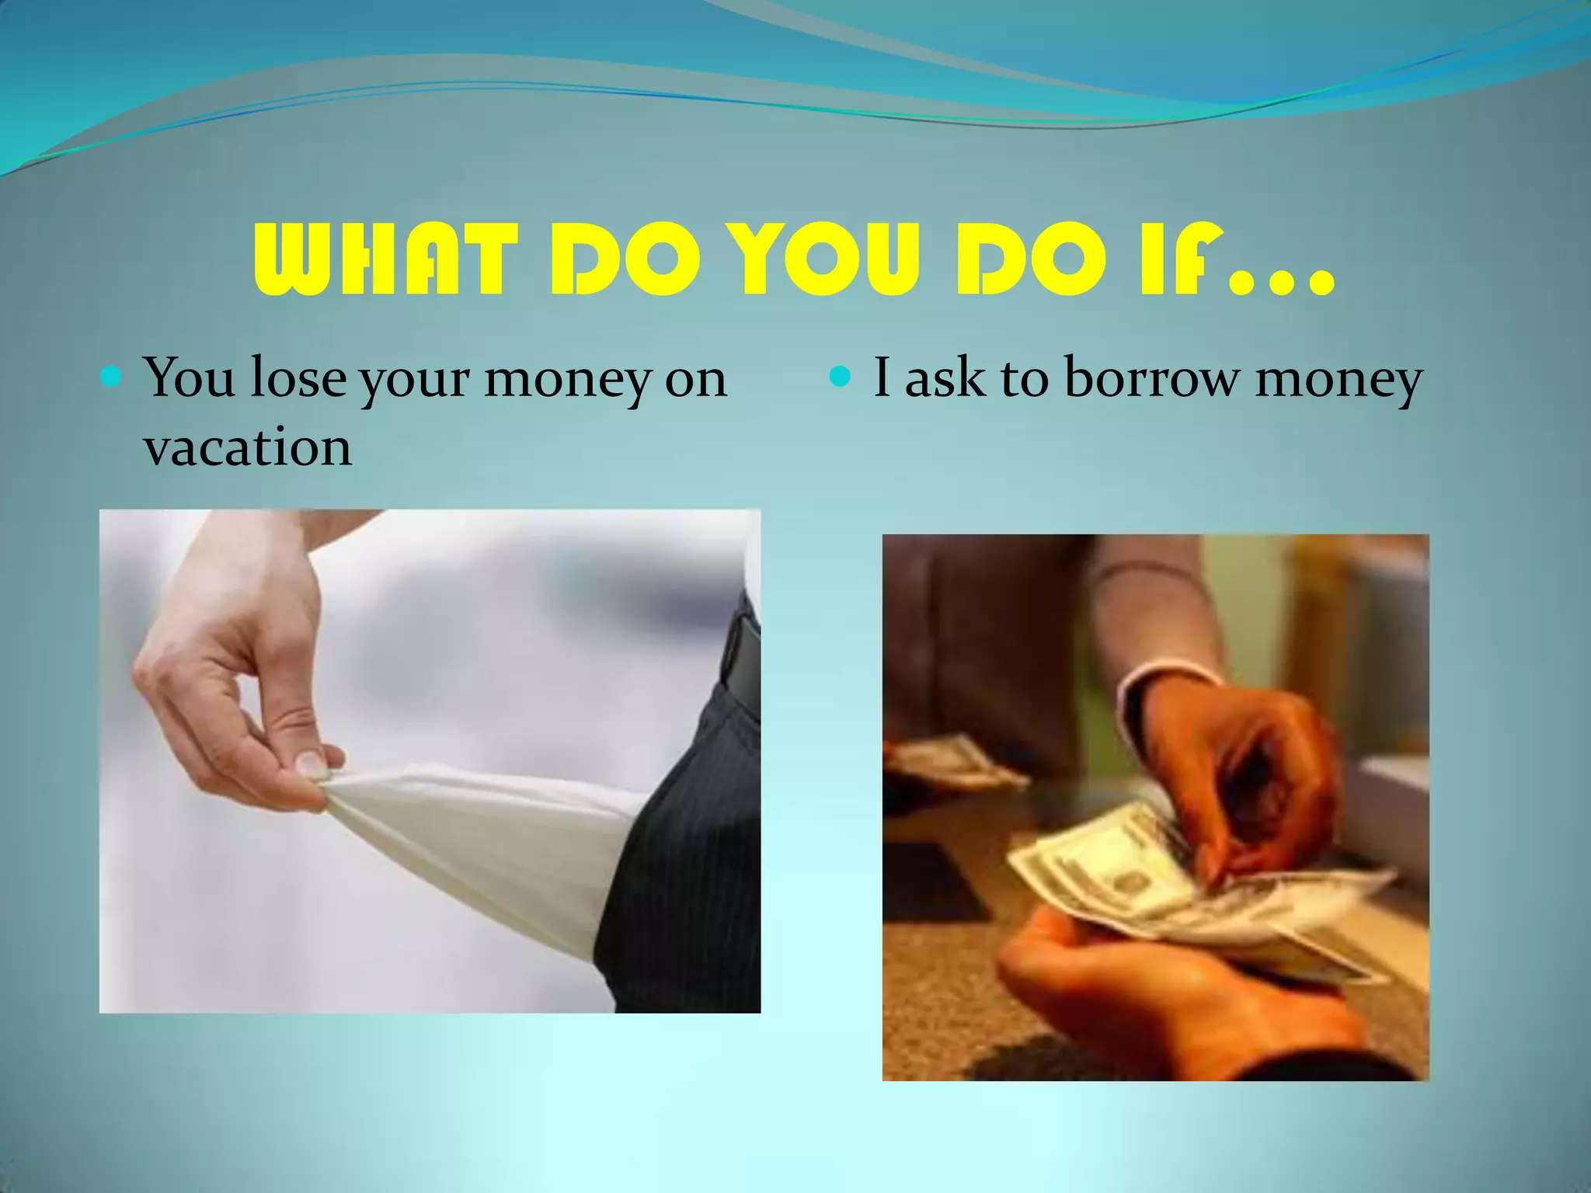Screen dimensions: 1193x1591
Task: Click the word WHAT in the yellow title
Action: tap(385, 260)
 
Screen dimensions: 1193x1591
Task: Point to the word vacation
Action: tap(247, 448)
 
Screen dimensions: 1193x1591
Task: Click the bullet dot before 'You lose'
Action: tap(112, 379)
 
